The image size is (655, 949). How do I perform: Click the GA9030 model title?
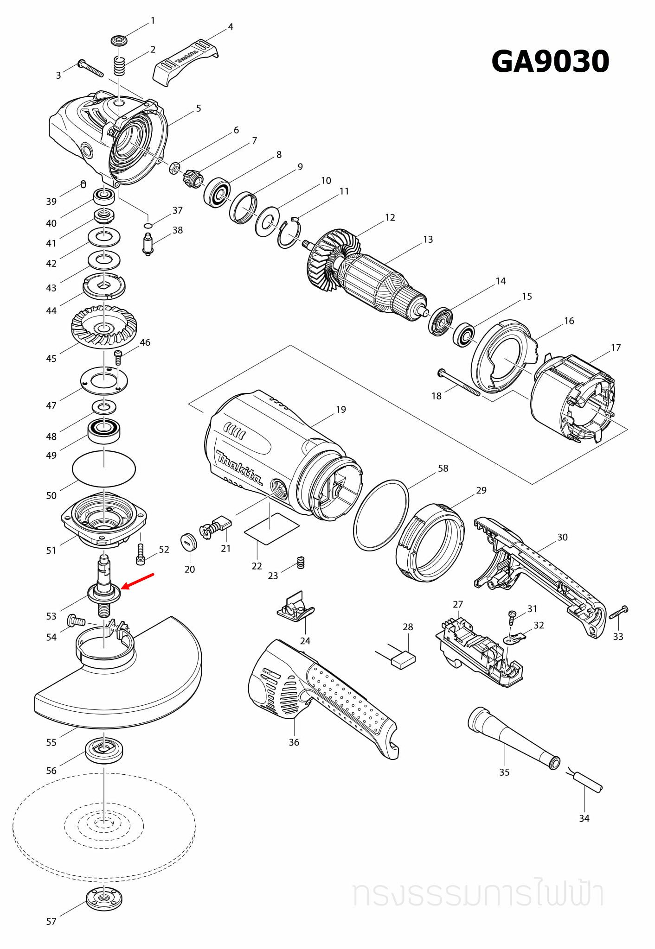click(x=550, y=61)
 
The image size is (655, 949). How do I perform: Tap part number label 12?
click(x=390, y=217)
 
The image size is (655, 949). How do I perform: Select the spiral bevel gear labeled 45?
click(x=104, y=326)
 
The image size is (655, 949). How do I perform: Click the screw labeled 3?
click(x=91, y=68)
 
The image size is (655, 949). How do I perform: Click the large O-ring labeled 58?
click(x=381, y=515)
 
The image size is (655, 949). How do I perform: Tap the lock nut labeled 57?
click(x=104, y=898)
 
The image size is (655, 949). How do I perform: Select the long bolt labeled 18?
click(x=459, y=383)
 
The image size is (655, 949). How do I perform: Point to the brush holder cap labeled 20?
click(x=189, y=542)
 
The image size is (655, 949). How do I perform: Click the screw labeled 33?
click(x=619, y=612)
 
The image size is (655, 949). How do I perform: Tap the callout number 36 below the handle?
click(x=294, y=742)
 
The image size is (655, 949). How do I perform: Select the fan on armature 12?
click(x=331, y=259)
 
